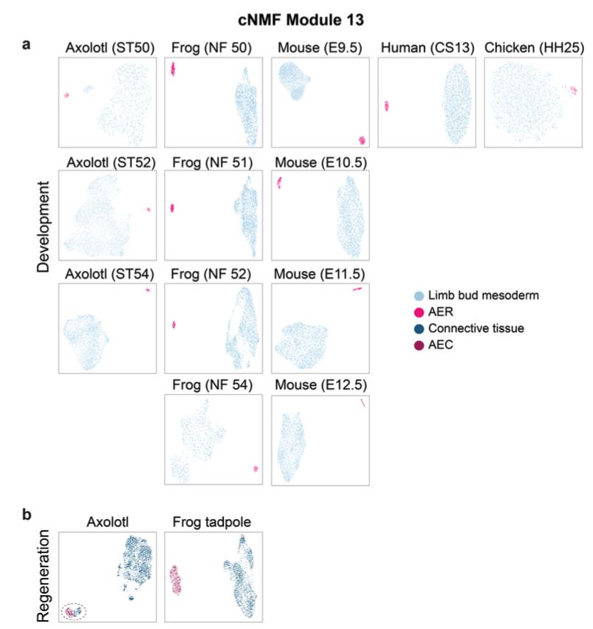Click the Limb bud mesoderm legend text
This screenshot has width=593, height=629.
(455, 295)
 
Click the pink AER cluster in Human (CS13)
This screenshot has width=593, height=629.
(386, 106)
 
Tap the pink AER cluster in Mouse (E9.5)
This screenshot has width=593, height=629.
(361, 140)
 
